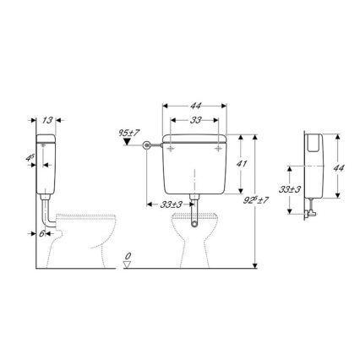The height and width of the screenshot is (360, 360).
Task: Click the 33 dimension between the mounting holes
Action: (196, 121)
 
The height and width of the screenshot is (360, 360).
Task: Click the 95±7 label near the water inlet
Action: (128, 133)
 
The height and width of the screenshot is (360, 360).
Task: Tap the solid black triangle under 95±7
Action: (127, 144)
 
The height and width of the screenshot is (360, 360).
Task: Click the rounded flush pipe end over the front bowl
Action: (196, 224)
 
